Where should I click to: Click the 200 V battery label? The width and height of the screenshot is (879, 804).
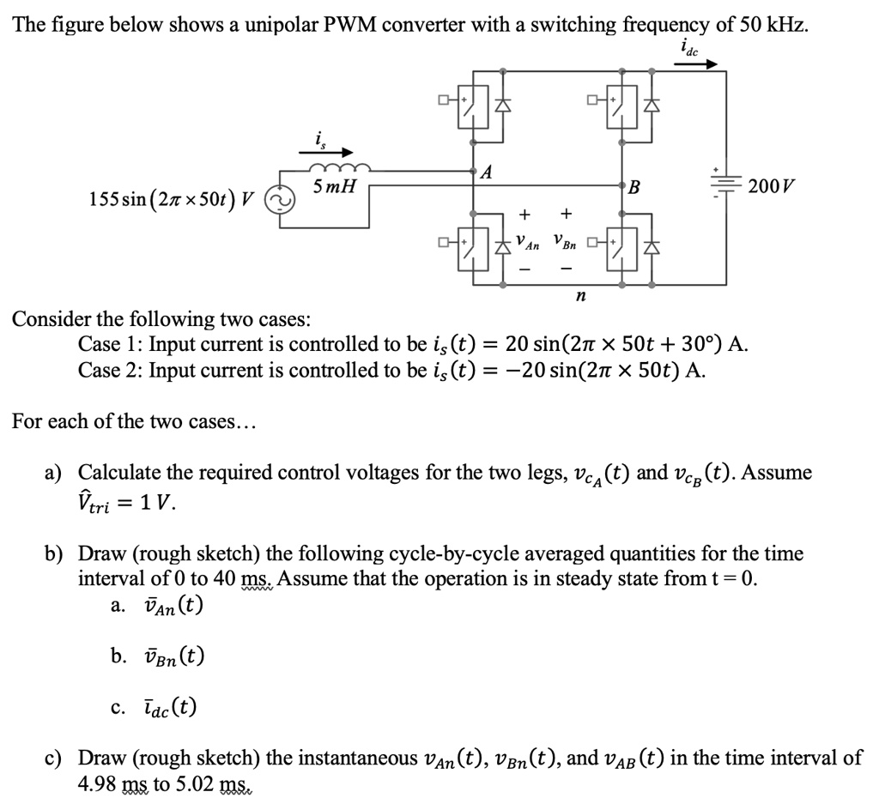click(771, 185)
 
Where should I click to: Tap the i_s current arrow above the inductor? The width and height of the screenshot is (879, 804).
click(319, 152)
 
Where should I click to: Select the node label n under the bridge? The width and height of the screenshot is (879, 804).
click(581, 297)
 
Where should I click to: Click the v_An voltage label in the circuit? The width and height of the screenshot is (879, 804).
click(527, 244)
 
